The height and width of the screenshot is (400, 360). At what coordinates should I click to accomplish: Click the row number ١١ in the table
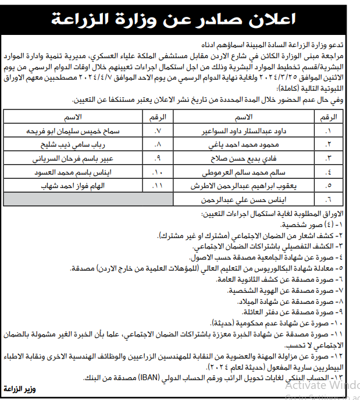[158, 186]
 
